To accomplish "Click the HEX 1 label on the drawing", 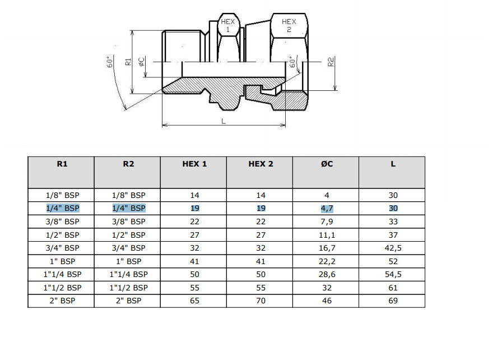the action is pos(228,26).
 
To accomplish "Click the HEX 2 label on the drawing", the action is pos(289,26).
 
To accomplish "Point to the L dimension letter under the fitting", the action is pos(224,121).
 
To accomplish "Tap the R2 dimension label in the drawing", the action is pos(331,62).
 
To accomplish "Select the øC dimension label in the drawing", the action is pos(141,62).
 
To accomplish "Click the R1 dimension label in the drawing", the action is pos(128,62).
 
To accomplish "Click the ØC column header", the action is pos(327,164).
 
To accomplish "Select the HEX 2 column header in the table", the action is pos(261,164).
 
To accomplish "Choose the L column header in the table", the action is pos(393,164).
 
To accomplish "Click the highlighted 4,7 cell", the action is pos(327,209).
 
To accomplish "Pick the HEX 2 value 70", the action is pos(261,301).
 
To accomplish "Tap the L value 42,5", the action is pos(393,248).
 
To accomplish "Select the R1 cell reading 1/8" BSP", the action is pos(62,195).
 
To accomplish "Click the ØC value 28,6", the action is pos(327,274).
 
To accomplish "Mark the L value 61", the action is pos(393,288).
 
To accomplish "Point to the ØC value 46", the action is pos(327,301).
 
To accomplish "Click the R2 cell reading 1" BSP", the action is pos(128,261).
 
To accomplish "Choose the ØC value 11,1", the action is pos(327,235).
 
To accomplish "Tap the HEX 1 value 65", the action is pos(194,301).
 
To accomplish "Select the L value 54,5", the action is pos(393,274).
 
